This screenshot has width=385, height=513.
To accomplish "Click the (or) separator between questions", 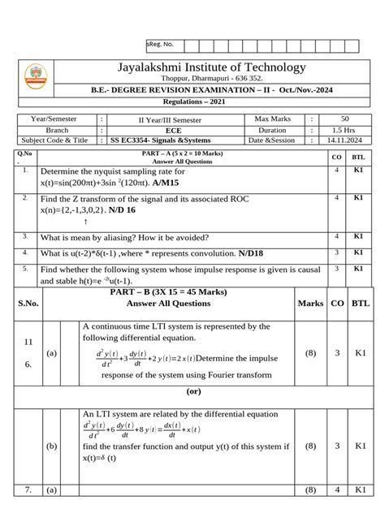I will (x=193, y=390).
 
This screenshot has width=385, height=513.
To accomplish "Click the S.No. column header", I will (x=28, y=304).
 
